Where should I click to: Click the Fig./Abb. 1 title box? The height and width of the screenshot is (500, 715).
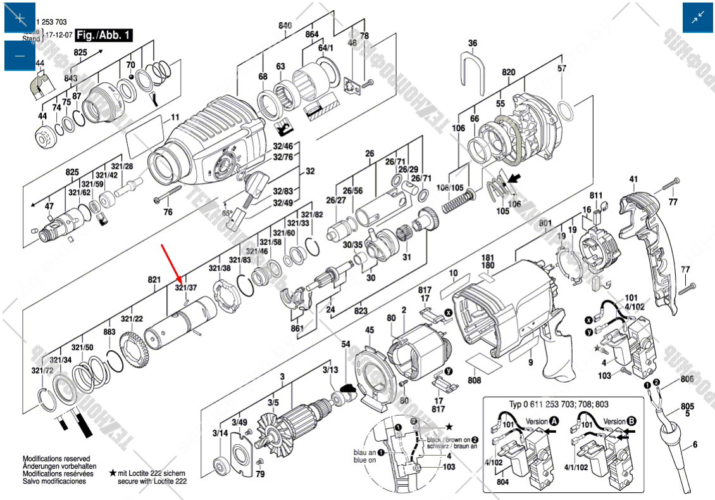104,35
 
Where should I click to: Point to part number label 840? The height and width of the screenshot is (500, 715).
285,26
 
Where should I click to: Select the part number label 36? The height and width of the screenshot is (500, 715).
472,43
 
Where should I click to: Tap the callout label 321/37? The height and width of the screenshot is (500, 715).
186,288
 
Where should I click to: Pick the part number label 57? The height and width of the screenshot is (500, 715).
562,68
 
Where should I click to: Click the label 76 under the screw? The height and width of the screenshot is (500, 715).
168,212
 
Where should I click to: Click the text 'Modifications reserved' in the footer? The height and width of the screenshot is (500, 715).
56,459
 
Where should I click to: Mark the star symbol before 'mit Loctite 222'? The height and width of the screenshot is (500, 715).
113,473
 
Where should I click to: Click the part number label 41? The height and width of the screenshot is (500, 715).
633,179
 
